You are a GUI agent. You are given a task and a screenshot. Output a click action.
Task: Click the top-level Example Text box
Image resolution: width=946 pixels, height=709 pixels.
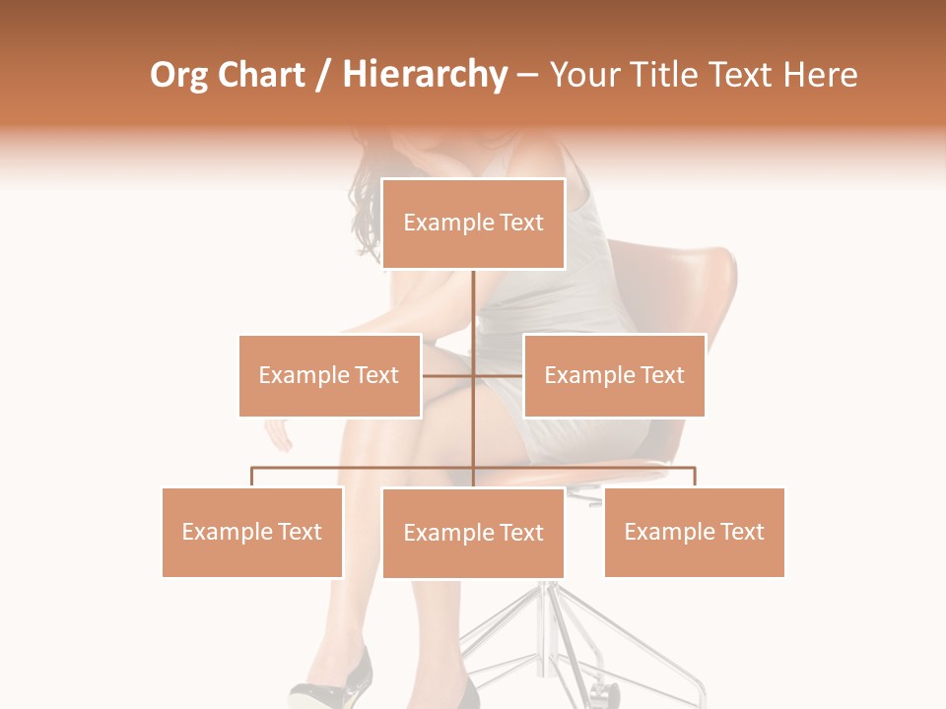point(473,224)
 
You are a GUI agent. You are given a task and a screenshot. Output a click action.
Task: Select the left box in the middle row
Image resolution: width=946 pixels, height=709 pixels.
point(329,375)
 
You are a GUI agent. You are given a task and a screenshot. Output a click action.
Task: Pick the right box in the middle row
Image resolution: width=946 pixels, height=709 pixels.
point(614,375)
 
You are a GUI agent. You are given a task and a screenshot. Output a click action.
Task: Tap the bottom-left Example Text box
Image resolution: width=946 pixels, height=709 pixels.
point(252,532)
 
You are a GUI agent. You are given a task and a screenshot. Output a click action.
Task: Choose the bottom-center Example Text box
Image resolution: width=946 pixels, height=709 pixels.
point(473,533)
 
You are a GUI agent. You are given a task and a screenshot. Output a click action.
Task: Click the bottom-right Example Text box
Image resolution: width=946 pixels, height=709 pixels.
point(694,532)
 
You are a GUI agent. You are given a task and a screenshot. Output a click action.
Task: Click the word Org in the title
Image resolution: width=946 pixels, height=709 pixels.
point(178,75)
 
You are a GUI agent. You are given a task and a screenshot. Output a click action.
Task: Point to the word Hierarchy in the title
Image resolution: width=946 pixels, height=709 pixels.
point(425,75)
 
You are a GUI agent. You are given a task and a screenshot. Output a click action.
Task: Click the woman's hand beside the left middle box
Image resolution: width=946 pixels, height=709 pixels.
point(278,434)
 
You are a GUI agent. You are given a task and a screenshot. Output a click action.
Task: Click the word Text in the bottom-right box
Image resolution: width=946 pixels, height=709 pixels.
point(741,532)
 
